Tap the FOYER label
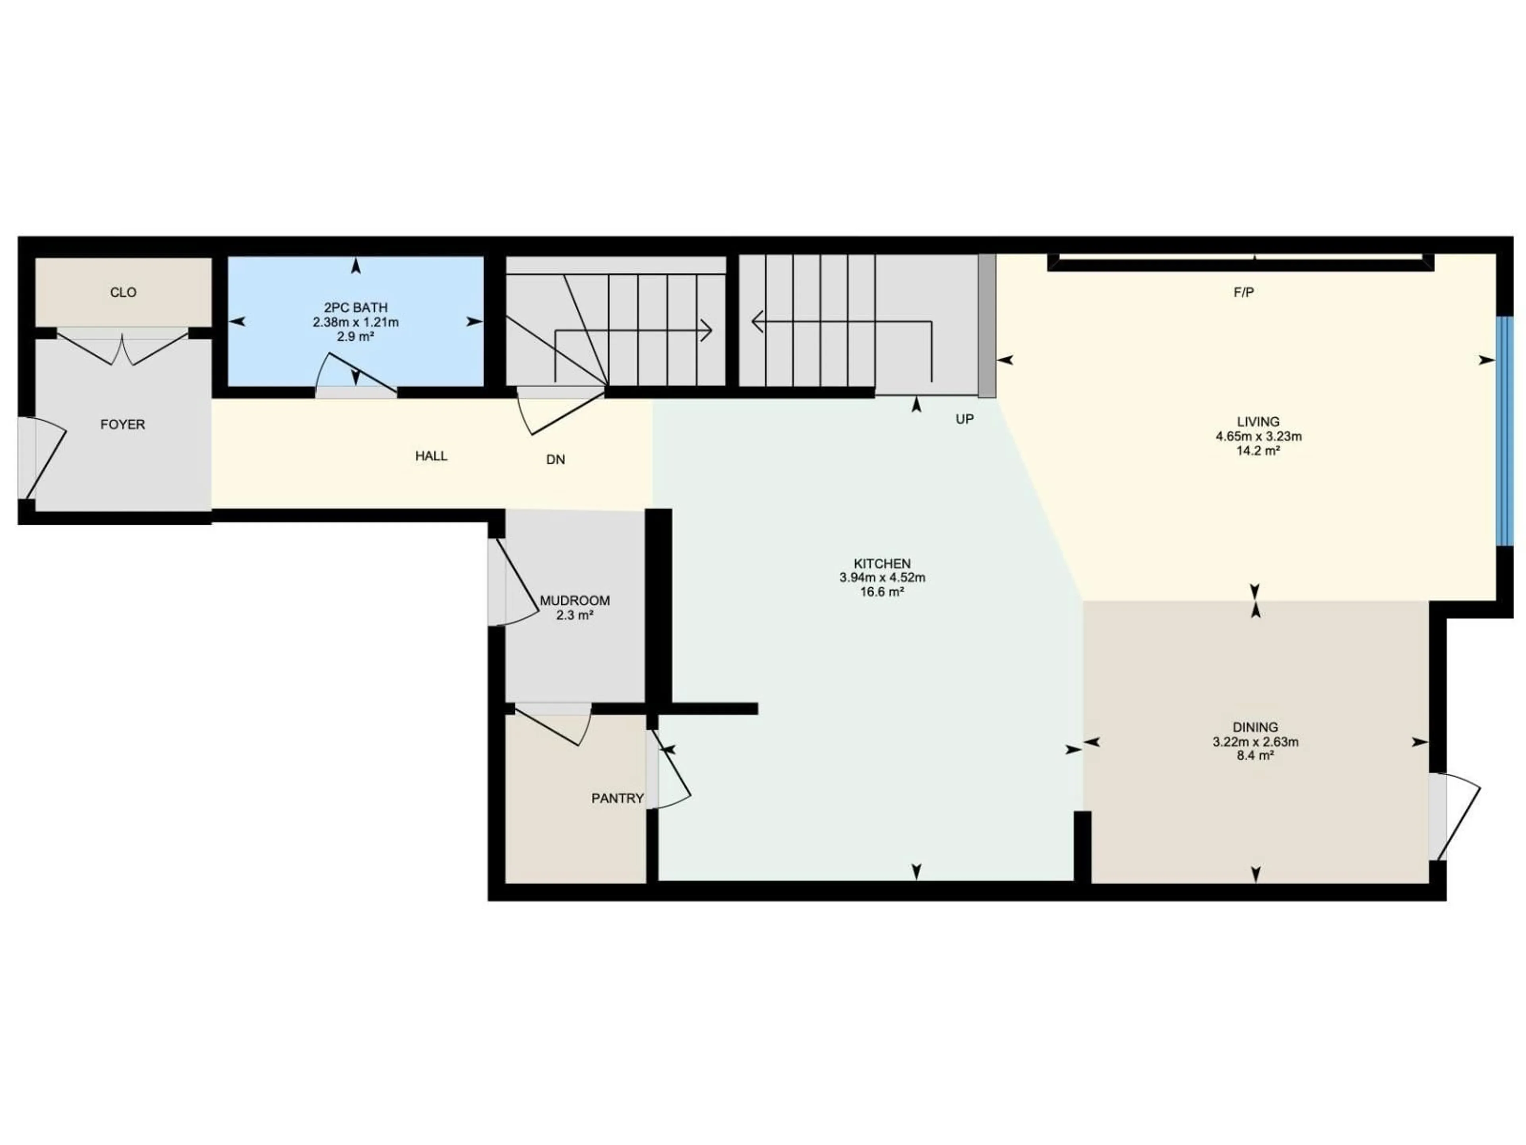pyautogui.click(x=123, y=425)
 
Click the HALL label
pyautogui.click(x=431, y=456)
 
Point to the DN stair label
pyautogui.click(x=555, y=460)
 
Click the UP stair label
pyautogui.click(x=964, y=419)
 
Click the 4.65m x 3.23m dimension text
pyautogui.click(x=1258, y=436)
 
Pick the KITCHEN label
pyautogui.click(x=882, y=564)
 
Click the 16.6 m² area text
pyautogui.click(x=882, y=592)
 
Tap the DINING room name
pyautogui.click(x=1255, y=728)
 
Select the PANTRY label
pyautogui.click(x=618, y=799)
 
